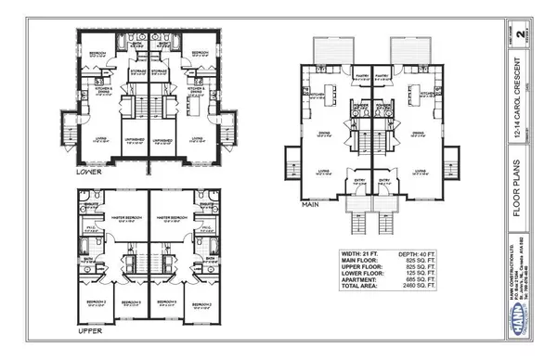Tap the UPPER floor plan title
(88, 328)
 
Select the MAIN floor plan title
(313, 199)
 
